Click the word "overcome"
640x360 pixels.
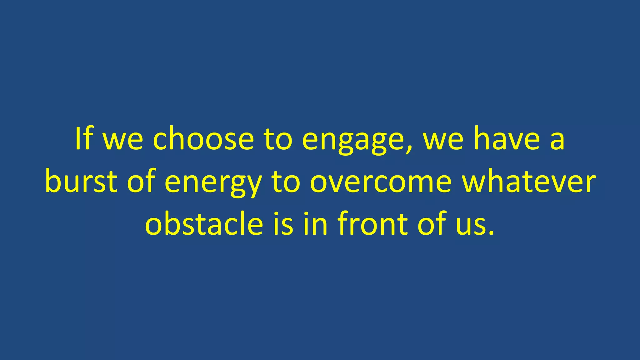(381, 182)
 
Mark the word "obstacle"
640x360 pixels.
(204, 224)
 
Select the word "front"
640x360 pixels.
(372, 224)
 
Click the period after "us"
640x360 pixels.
(491, 233)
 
